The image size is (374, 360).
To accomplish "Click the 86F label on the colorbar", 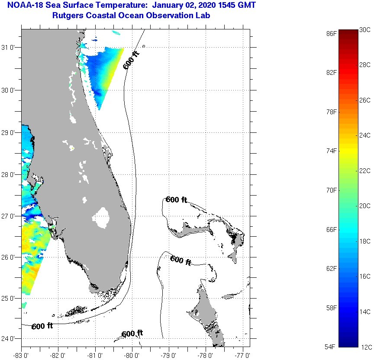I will pyautogui.click(x=332, y=33).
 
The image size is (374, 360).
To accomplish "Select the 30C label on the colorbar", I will pyautogui.click(x=365, y=29).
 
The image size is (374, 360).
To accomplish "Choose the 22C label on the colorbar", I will pyautogui.click(x=365, y=170).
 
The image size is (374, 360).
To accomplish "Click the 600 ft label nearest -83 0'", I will pyautogui.click(x=42, y=326).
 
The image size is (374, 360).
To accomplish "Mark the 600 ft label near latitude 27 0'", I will pyautogui.click(x=176, y=200).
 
